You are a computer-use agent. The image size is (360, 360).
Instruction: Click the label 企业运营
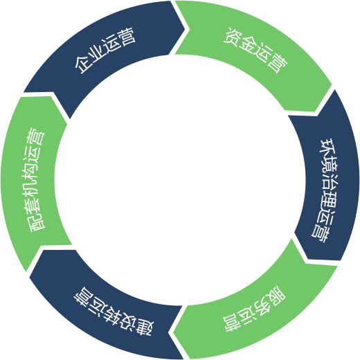tap(105, 51)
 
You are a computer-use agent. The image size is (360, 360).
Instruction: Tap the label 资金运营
tap(255, 51)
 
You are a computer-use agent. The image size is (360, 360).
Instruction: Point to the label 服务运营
tap(254, 309)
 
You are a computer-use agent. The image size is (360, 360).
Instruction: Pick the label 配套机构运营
tap(35, 179)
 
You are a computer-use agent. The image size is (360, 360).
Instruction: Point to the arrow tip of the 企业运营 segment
tap(189, 29)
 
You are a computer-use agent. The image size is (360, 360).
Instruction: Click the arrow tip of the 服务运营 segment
tap(173, 332)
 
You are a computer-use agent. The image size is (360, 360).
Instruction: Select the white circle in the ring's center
tap(180, 180)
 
